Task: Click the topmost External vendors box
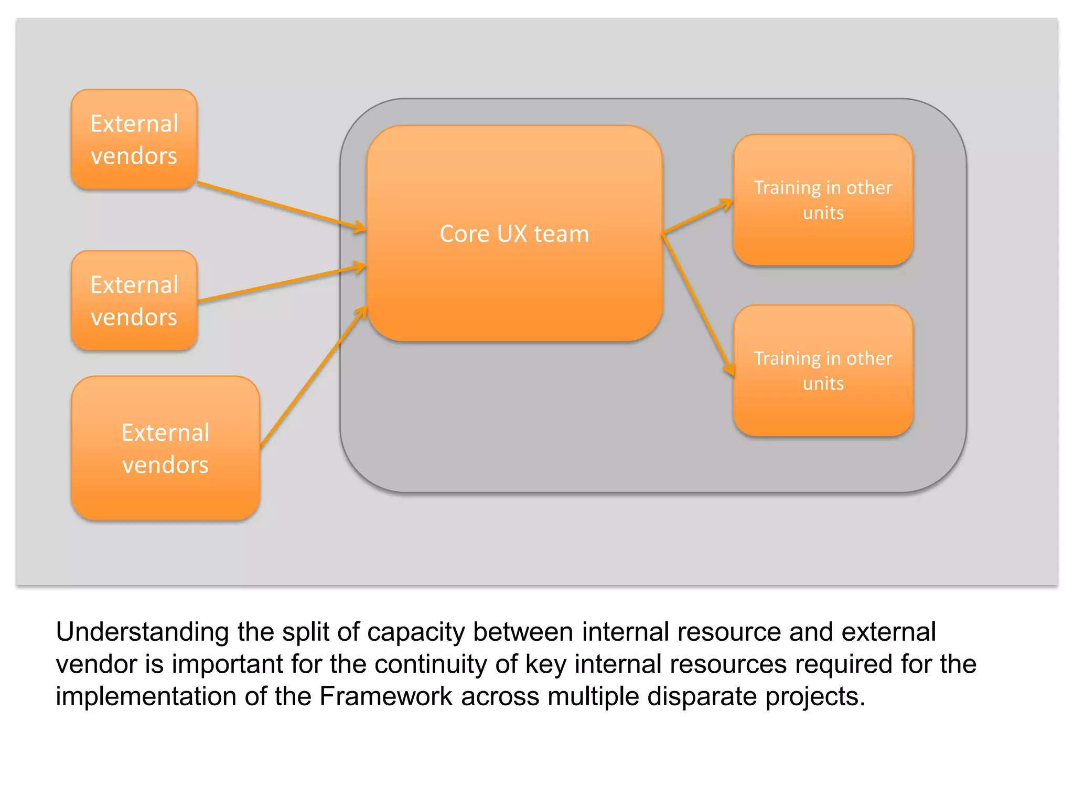134,139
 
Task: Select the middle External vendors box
134,300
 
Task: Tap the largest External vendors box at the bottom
165,448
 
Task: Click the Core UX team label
514,234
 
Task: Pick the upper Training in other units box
823,200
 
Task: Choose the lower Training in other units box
823,370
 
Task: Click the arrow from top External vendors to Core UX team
281,206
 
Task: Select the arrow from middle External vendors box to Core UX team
281,284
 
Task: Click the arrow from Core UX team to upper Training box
697,216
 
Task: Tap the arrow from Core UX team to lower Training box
697,304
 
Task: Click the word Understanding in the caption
142,632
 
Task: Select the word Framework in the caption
386,697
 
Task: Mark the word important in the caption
228,664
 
